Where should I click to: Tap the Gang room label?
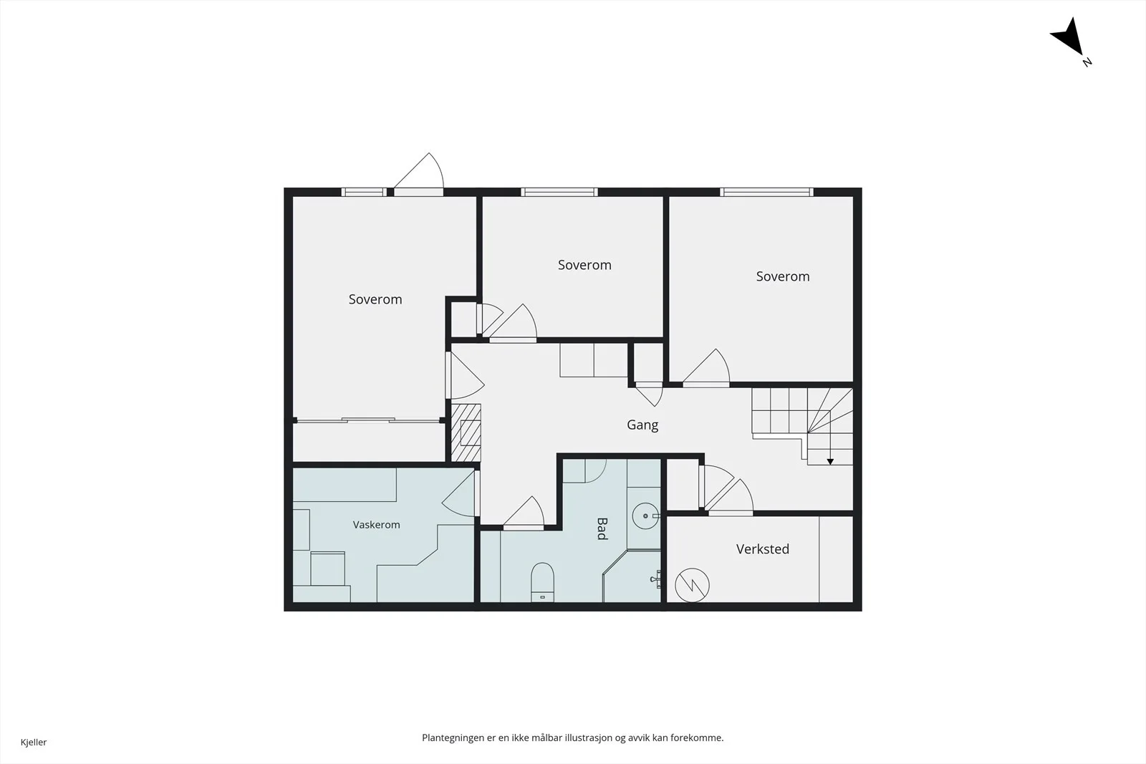click(x=642, y=425)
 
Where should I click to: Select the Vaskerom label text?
click(x=377, y=525)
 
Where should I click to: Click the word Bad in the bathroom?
click(x=602, y=528)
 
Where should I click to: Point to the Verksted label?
click(x=762, y=548)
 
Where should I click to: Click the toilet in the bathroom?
click(x=542, y=582)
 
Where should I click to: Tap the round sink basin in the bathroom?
click(x=645, y=516)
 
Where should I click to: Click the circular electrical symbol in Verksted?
click(x=692, y=585)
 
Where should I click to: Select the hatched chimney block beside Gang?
click(x=466, y=432)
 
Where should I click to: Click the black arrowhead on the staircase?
click(x=830, y=462)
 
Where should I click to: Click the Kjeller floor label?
click(x=34, y=742)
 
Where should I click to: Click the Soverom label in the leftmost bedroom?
click(x=375, y=299)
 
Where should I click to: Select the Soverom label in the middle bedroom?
click(x=584, y=265)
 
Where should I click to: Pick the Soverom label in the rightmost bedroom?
click(x=783, y=276)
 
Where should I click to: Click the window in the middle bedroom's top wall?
click(x=559, y=193)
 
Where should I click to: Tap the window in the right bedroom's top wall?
click(x=767, y=193)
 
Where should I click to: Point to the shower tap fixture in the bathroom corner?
click(x=656, y=579)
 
